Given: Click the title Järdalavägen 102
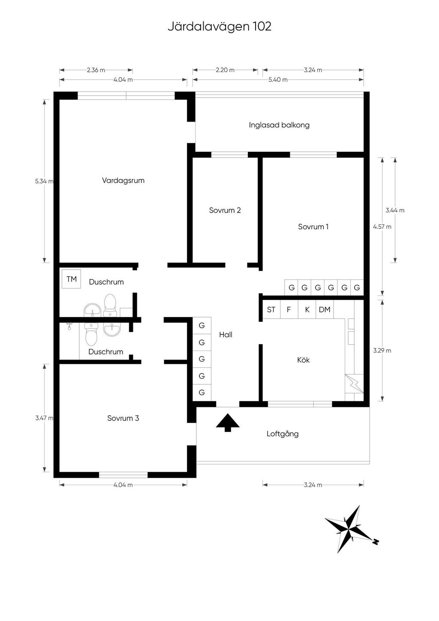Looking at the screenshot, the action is [x=219, y=27].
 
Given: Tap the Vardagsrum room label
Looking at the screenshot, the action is [x=123, y=180].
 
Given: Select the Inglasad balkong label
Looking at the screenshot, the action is [x=279, y=125].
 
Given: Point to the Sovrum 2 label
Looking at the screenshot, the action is [x=225, y=210].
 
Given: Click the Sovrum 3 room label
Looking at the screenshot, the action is [x=123, y=418].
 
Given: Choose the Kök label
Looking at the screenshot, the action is [x=303, y=360].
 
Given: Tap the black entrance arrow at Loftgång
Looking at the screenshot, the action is [x=228, y=423].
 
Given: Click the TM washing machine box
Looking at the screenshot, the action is [x=71, y=279].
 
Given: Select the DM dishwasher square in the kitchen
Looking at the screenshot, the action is [x=325, y=309].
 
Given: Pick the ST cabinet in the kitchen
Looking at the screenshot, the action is [x=271, y=309].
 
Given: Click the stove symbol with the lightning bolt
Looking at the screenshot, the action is [x=354, y=384].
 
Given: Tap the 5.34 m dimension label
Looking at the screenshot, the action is [x=44, y=181].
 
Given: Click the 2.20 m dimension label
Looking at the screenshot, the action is [x=225, y=70].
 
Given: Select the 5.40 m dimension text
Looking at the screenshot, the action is [x=278, y=80].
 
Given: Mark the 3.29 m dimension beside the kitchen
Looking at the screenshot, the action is [x=382, y=351].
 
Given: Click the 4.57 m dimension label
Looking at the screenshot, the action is [x=382, y=227].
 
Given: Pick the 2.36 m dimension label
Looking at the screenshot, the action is [x=96, y=70].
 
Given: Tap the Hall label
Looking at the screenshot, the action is [x=226, y=335].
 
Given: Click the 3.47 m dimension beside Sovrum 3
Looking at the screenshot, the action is [x=44, y=418].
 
